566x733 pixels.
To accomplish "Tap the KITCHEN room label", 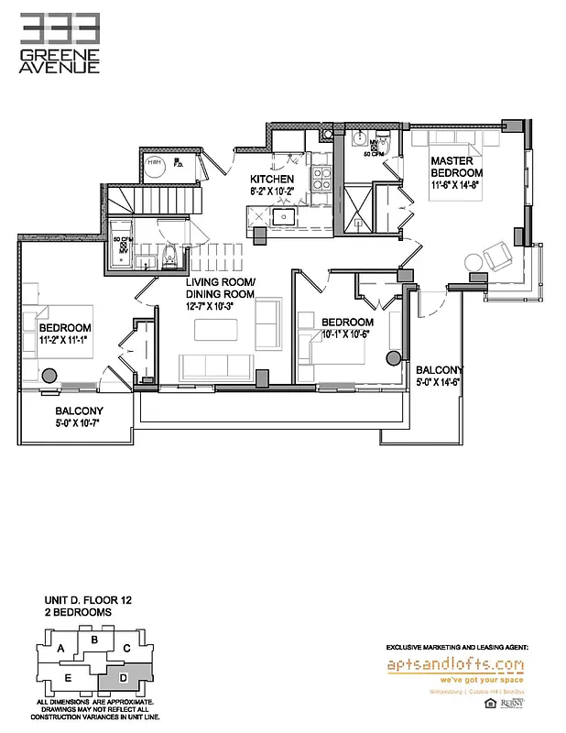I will [272, 180].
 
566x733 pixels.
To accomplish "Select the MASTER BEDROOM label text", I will [457, 166].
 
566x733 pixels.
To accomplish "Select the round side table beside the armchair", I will [475, 262].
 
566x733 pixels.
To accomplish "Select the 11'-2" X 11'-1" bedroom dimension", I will [64, 341].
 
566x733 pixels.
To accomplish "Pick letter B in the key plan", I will [93, 640].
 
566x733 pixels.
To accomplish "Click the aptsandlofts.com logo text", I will [455, 663].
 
